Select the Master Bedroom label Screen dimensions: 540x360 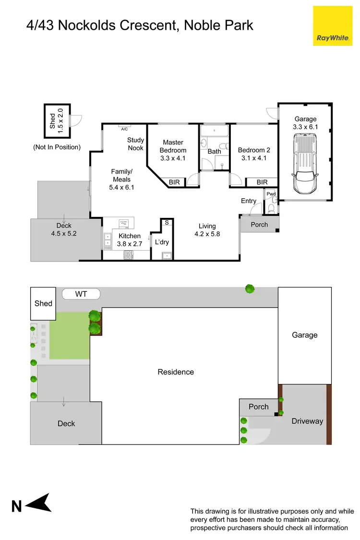[x=173, y=146]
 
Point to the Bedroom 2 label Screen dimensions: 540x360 [x=254, y=154]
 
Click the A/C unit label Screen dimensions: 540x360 [x=124, y=129]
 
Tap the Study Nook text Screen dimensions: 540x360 [x=135, y=144]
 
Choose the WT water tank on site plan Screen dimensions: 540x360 [x=81, y=294]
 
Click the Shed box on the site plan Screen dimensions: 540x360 [x=43, y=303]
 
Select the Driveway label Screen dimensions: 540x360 [x=307, y=421]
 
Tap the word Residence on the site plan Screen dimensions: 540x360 [x=176, y=372]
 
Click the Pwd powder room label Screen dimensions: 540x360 [x=271, y=194]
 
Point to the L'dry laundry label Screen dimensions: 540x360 [x=162, y=242]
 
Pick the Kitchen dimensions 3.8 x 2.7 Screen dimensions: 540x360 [x=130, y=243]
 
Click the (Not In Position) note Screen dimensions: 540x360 [x=57, y=147]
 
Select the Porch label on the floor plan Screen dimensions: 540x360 [x=259, y=224]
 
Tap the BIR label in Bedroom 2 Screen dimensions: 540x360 [x=262, y=182]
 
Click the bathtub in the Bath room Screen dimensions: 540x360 [x=215, y=131]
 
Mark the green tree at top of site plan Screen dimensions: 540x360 [x=250, y=288]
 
